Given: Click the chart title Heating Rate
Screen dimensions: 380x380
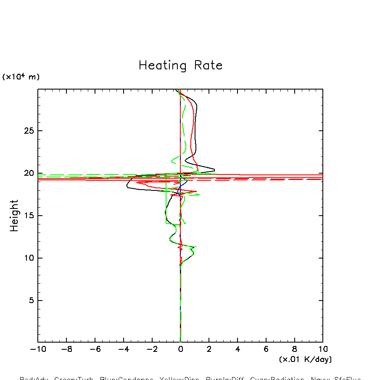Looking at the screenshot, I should click(180, 66).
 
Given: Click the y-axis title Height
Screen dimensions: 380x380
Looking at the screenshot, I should click(14, 216).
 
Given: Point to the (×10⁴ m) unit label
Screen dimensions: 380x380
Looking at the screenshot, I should click(21, 77).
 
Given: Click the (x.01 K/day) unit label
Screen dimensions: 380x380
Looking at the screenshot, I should click(305, 359).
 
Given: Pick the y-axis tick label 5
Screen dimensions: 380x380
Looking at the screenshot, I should click(30, 300).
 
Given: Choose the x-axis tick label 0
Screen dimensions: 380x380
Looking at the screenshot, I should click(180, 349).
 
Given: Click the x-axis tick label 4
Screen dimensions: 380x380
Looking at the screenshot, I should click(237, 349).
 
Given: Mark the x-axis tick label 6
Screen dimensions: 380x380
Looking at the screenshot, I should click(266, 349).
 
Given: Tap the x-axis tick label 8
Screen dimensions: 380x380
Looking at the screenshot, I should click(294, 349).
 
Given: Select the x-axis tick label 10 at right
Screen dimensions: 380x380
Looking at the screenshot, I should click(323, 349).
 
